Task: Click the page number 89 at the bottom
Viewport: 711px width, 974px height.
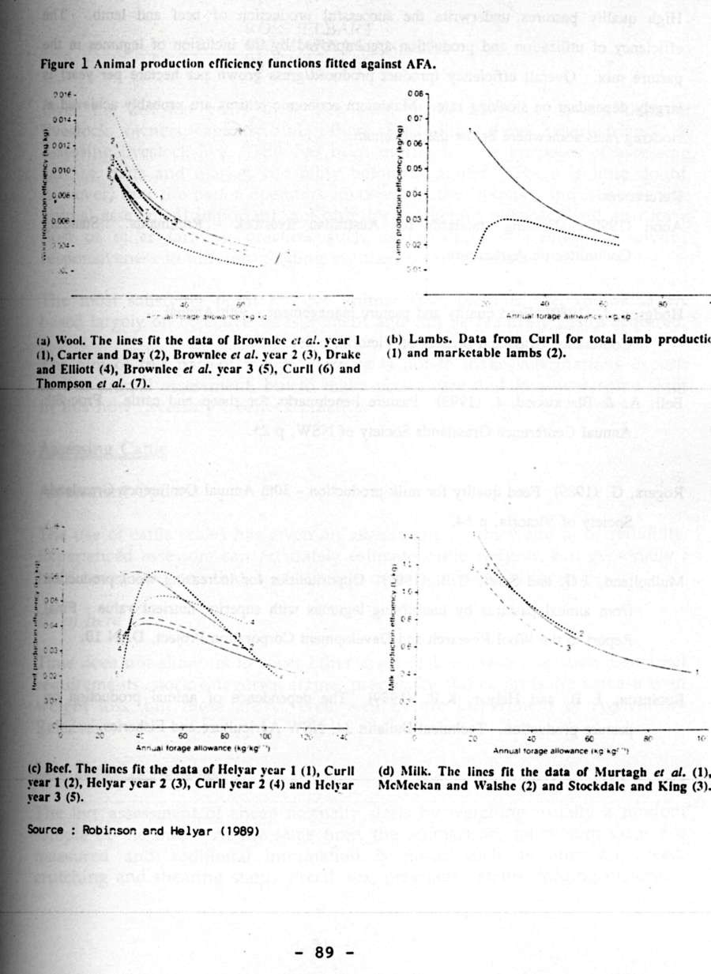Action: click(324, 952)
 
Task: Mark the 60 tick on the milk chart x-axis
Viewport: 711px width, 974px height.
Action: click(588, 736)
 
